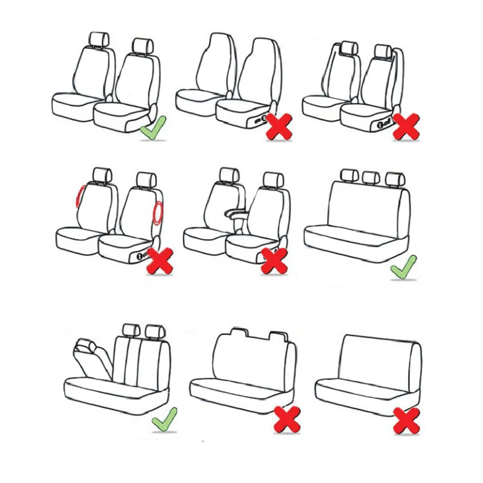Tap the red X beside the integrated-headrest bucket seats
[279, 126]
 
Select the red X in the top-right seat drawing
[405, 126]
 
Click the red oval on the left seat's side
[79, 197]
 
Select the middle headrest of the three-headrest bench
[371, 177]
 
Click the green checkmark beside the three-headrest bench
[403, 267]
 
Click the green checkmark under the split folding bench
[164, 418]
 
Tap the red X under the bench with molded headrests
[287, 418]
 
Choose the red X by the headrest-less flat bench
[406, 420]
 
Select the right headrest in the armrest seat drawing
[272, 179]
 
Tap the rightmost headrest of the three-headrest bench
[393, 178]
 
